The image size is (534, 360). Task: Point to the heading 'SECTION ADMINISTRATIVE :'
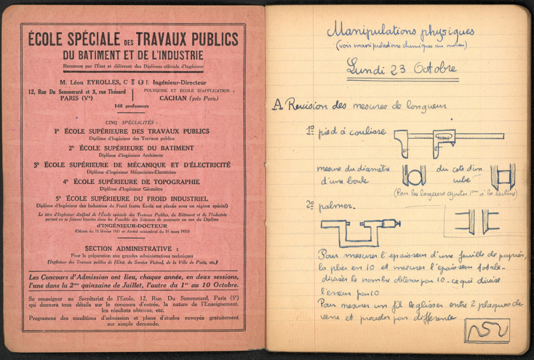128,248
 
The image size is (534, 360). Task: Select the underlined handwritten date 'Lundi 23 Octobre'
402,68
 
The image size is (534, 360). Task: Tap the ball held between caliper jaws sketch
414,175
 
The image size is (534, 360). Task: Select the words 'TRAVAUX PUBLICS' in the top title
187,39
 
